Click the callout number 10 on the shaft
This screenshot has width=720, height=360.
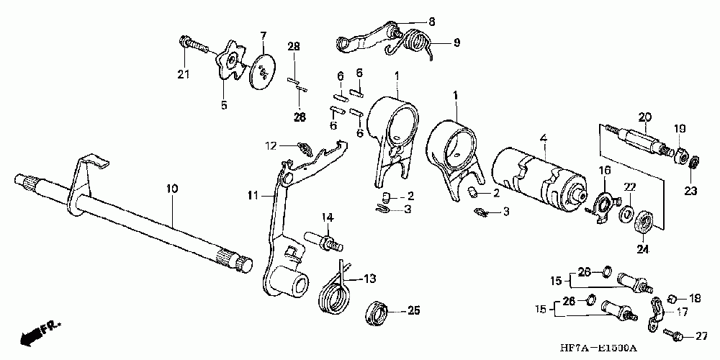coord(173,189)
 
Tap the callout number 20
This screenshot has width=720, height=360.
coord(644,117)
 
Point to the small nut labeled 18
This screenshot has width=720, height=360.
coord(671,297)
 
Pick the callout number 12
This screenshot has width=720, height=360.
coord(271,146)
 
